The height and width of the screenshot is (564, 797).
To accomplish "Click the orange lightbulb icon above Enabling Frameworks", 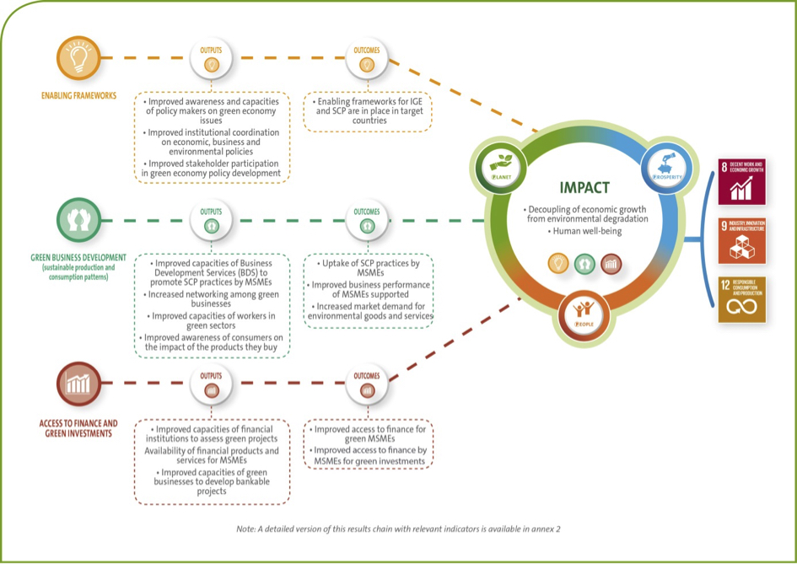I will coord(78,58).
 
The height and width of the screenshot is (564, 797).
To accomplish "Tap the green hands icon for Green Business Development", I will coord(78,221).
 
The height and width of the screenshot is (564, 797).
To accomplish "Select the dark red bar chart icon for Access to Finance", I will coord(78,384).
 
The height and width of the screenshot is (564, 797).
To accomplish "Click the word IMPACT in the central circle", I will coord(584,186).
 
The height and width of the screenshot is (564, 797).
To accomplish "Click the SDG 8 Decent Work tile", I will coord(741,181).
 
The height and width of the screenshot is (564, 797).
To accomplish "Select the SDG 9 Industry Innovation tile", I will coord(741,240).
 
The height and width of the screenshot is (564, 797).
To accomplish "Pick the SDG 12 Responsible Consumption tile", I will coord(741,298).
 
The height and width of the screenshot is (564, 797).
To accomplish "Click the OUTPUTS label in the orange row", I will coord(211,51).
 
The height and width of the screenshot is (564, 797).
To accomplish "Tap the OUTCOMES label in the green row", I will coord(367,212).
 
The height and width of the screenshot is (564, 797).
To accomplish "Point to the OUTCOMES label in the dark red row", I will coord(367,376).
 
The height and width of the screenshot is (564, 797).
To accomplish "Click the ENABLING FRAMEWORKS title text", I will coord(78,96).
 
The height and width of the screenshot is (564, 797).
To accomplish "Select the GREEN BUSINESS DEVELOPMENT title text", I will coord(78,257).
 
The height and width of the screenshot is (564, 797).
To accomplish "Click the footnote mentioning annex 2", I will coord(398,529).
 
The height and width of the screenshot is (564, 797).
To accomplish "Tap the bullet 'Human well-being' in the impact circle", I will coord(584,231).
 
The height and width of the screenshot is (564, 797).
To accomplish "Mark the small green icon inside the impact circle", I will coord(584,263).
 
